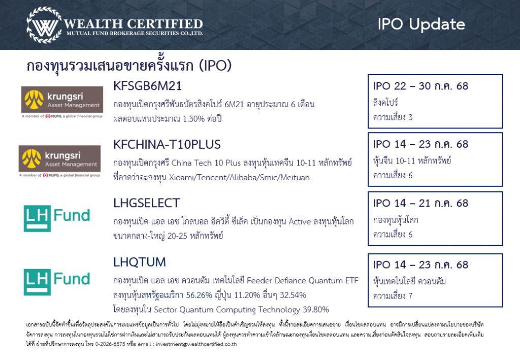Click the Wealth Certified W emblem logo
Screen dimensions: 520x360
44,25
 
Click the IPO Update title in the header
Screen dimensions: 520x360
421,24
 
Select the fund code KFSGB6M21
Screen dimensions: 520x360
148,86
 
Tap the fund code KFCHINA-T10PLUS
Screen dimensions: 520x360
167,145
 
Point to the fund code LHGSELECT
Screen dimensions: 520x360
147,203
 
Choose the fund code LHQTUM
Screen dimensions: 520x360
139,262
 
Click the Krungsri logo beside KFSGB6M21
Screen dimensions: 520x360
62,102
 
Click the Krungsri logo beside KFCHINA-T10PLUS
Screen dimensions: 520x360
60,161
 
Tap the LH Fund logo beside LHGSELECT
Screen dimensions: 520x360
57,218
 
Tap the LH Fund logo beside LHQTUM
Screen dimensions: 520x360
57,282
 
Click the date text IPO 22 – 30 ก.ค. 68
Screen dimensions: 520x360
420,86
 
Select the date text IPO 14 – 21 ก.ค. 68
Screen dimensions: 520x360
420,203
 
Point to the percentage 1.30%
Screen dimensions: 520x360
193,119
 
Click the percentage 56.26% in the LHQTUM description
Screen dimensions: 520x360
199,295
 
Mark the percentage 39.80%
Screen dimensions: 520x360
316,310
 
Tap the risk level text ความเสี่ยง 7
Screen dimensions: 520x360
393,296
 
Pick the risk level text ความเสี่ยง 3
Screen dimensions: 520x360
393,117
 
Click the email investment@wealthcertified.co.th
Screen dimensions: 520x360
197,344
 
